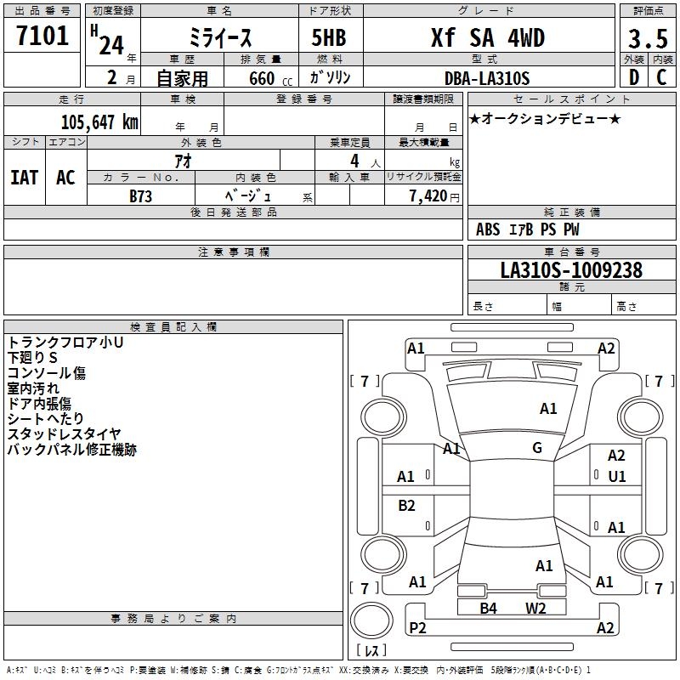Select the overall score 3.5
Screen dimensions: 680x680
pos(646,39)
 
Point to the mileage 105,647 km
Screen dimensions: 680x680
pos(99,122)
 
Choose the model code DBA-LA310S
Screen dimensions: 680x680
pos(487,78)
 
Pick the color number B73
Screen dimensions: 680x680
pos(141,195)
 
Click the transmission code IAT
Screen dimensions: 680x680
pos(24,178)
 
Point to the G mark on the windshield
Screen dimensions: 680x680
pos(537,448)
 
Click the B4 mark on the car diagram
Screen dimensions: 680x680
pos(488,608)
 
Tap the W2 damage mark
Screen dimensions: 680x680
pos(535,608)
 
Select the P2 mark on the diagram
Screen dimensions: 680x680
pos(417,627)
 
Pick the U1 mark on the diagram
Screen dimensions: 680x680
pos(617,477)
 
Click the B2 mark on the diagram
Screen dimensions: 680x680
pos(407,506)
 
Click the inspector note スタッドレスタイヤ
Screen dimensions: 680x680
pos(65,434)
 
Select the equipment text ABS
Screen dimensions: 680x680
pos(488,229)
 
